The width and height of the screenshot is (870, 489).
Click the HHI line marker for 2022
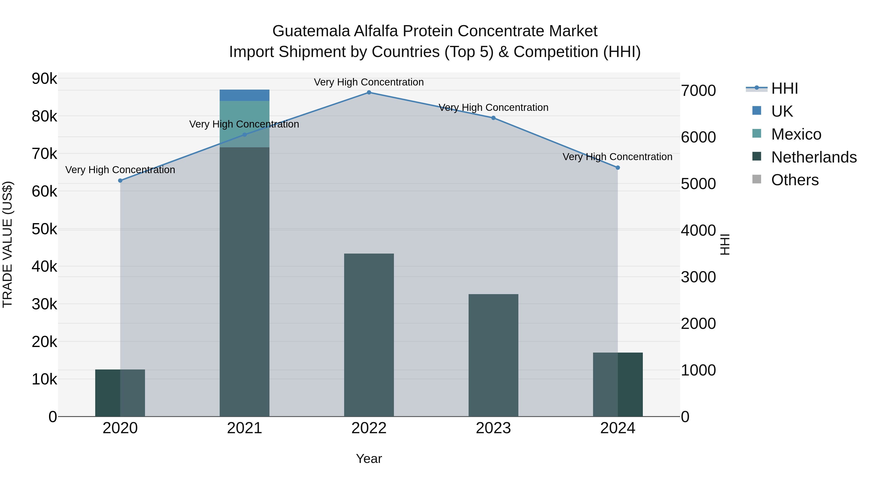coord(369,92)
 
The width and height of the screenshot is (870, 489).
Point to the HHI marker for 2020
coord(120,181)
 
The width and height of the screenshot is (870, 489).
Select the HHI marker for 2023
coord(493,118)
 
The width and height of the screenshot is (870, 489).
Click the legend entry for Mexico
coord(796,134)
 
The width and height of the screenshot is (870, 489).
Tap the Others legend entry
coord(795,180)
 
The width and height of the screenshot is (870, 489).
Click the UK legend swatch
coord(757,111)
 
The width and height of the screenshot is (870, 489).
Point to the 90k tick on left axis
coord(44,79)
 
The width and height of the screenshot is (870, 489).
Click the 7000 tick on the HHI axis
coord(698,91)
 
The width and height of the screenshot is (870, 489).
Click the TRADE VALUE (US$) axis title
coord(8,244)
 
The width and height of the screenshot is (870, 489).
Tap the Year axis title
coord(369,459)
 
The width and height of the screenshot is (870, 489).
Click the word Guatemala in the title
coord(311,31)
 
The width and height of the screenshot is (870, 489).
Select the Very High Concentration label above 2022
coord(369,82)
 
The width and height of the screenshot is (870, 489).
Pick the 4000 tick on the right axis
coord(698,231)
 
